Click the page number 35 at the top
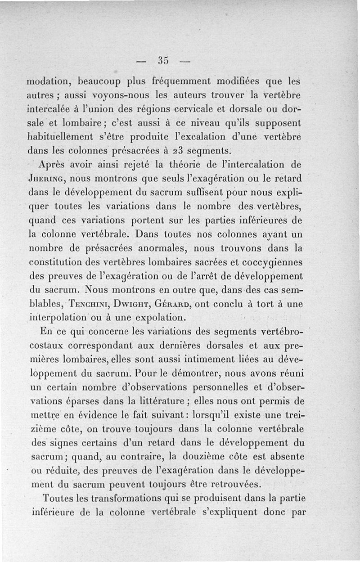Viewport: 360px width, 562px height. pos(163,60)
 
